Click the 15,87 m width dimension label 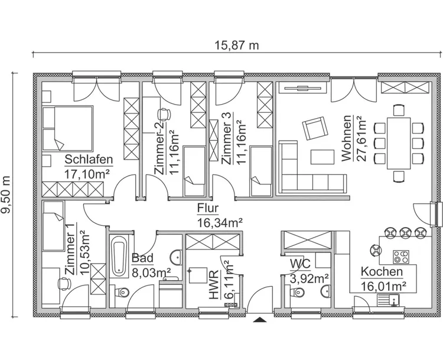tap(236, 45)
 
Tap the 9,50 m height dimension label tap(8, 195)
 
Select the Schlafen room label tap(89, 160)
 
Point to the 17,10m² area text tap(89, 173)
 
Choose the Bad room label tap(142, 258)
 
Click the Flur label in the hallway tap(209, 209)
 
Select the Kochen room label tap(382, 272)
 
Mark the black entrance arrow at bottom tap(259, 320)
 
